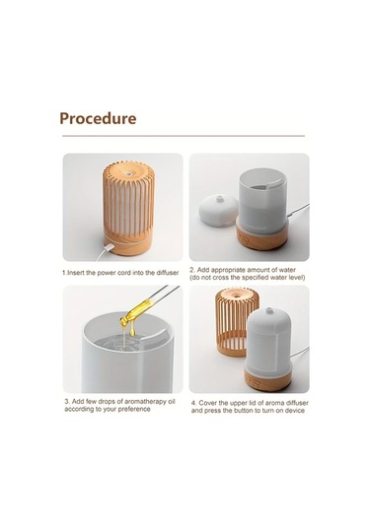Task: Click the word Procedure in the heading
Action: coord(98,118)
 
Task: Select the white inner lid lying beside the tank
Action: coord(219,211)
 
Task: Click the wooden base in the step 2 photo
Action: coord(261,235)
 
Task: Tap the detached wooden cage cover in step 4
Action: coord(236,321)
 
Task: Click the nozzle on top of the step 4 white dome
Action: coord(268,310)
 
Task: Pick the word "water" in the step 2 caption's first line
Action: coord(287,270)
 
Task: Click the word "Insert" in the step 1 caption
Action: coord(76,273)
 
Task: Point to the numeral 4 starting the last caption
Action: coord(193,403)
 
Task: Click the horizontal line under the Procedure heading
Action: coord(184,136)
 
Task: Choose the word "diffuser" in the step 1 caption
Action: coord(168,273)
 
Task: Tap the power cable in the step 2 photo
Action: coord(298,211)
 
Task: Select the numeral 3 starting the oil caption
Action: coord(67,402)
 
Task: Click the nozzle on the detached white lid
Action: coord(220,199)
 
